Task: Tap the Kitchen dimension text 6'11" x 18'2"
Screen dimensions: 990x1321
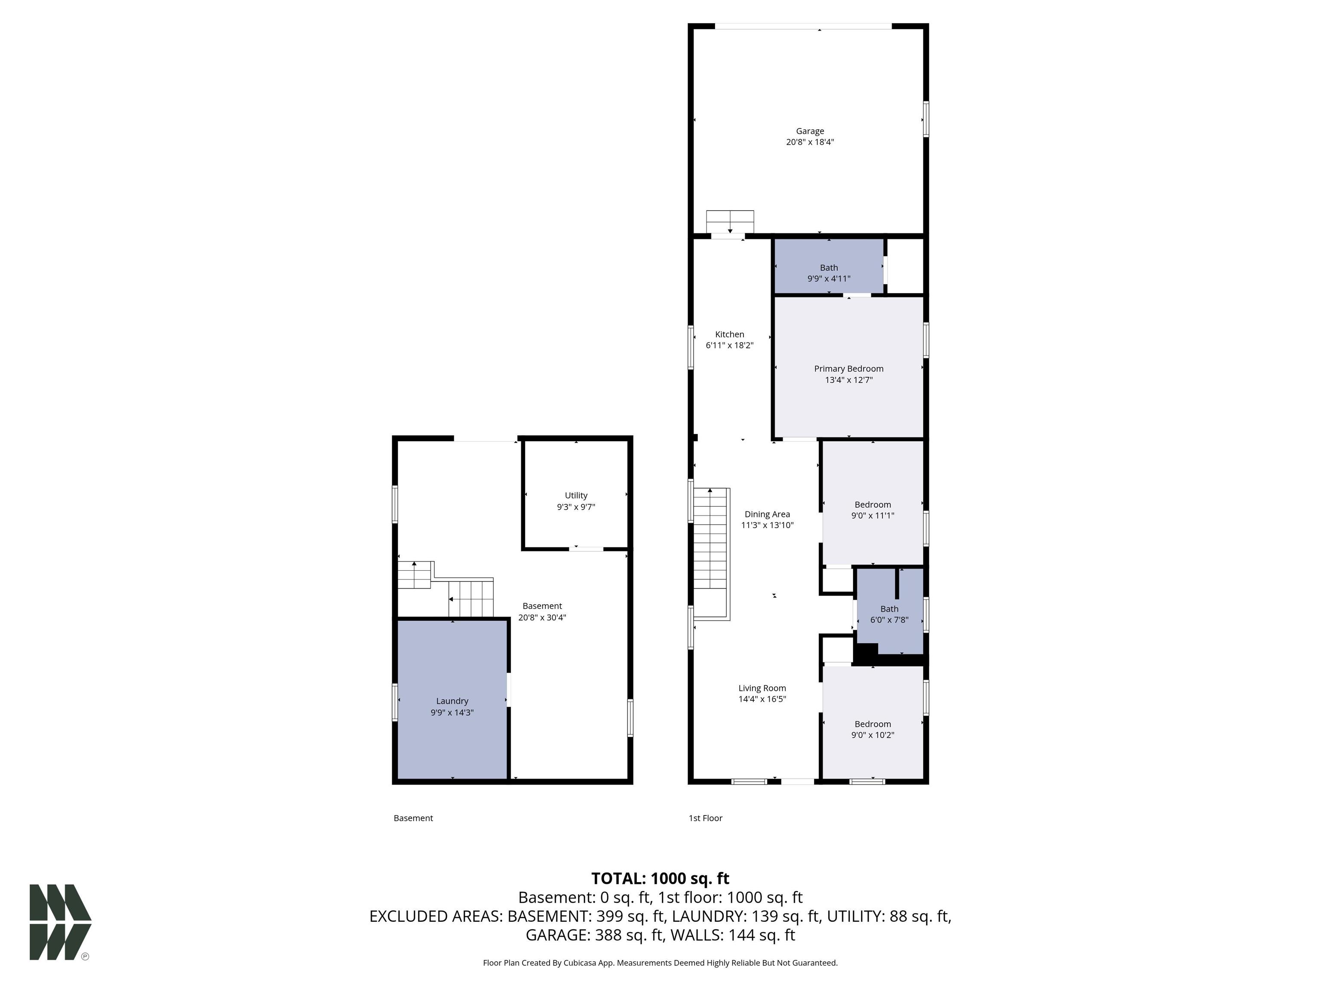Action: coord(729,345)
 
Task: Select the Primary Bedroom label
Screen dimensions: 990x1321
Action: coord(848,369)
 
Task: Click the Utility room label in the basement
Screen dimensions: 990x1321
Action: coord(576,495)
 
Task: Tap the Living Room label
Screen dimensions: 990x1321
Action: coord(762,688)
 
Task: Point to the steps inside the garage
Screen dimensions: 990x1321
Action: coord(729,221)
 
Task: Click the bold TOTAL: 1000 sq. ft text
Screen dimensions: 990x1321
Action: coord(660,878)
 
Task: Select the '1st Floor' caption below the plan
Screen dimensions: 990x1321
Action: coord(705,818)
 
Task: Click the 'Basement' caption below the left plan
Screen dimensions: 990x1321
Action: coord(413,818)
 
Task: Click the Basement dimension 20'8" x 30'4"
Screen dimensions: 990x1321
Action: coord(542,617)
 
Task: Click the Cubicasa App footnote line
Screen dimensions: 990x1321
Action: coord(660,962)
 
